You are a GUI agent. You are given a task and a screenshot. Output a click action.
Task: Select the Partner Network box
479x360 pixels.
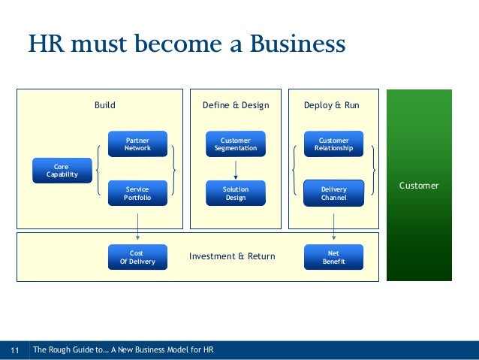click(x=137, y=144)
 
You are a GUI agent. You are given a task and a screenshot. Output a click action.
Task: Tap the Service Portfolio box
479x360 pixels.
click(x=137, y=193)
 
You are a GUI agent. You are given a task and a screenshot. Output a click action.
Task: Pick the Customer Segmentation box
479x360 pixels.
click(x=236, y=144)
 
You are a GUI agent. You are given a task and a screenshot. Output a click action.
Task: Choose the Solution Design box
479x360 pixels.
click(x=236, y=193)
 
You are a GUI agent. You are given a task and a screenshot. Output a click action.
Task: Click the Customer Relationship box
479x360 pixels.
click(x=333, y=144)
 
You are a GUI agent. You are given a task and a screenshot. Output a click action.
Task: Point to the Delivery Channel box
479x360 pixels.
click(x=333, y=193)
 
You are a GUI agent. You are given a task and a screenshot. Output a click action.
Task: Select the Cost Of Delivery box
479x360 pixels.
click(x=137, y=257)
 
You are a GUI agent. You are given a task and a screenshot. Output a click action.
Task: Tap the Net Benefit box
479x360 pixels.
click(x=333, y=257)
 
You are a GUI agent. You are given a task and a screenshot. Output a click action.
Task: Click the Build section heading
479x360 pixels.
click(x=104, y=105)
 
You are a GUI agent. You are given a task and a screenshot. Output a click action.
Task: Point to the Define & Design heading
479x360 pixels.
click(x=236, y=105)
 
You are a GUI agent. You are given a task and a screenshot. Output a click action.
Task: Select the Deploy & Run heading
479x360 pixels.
click(x=331, y=105)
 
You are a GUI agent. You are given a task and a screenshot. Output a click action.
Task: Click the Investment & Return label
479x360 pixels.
click(x=232, y=256)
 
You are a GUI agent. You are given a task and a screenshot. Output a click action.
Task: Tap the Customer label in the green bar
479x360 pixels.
click(x=419, y=186)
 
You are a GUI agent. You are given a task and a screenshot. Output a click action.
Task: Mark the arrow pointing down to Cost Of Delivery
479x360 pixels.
click(x=137, y=225)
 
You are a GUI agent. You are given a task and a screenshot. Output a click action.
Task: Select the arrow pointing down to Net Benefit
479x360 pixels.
click(x=333, y=225)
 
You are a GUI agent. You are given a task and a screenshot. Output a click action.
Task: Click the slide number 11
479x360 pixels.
click(x=14, y=349)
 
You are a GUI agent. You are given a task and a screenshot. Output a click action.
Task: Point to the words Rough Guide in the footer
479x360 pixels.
click(x=73, y=349)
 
